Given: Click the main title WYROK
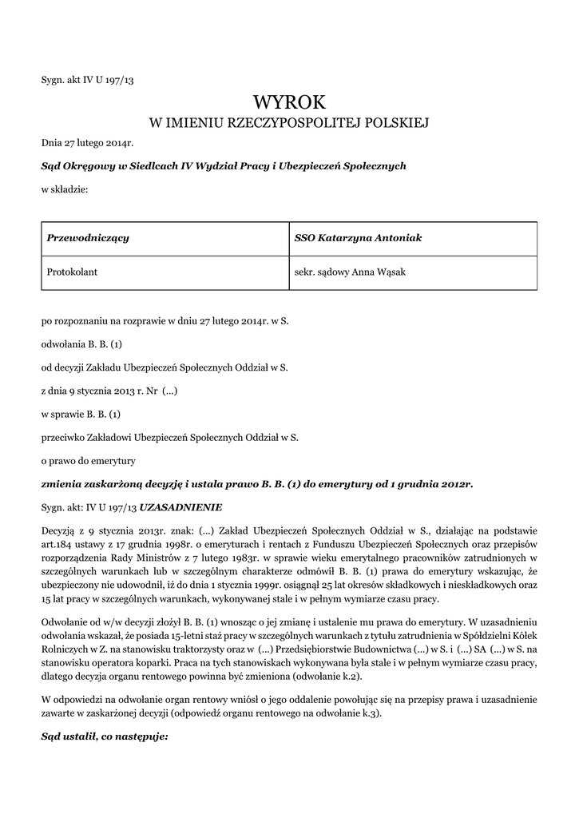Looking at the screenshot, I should coord(289,102).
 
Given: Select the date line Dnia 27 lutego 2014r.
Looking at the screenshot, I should coord(87,143).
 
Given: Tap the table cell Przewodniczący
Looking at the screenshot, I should coord(89,238).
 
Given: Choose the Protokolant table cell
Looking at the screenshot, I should coord(73,272).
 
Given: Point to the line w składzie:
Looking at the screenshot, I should coord(65,189).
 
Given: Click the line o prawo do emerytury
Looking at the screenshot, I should coord(89,460).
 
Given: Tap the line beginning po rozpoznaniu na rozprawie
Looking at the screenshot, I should coord(165,321).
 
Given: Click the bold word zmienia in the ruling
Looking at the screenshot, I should coord(65,483).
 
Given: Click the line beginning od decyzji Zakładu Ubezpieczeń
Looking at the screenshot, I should coord(164,367).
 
